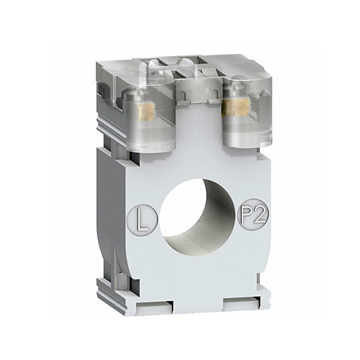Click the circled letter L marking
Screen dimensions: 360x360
(x=143, y=218)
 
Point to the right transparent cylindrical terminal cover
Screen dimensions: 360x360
(x=247, y=113)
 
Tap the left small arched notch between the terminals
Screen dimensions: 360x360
(x=183, y=95)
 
